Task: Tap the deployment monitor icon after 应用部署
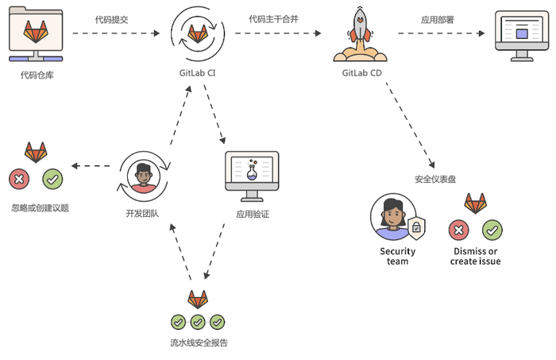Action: (x=522, y=35)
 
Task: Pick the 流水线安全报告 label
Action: (x=199, y=343)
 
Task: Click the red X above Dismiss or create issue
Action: (x=458, y=230)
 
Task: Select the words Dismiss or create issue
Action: (x=475, y=256)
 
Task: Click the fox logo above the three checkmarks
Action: (x=198, y=300)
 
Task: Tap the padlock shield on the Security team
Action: (x=415, y=228)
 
